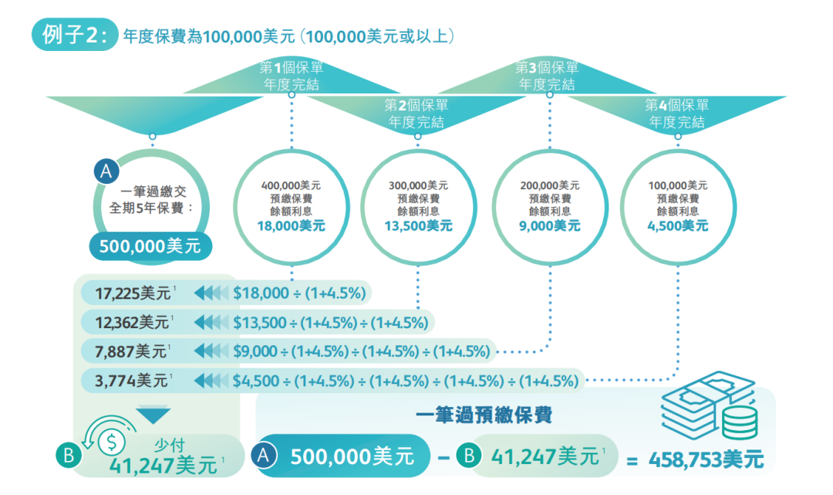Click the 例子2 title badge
(x=73, y=36)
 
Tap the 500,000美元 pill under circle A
(x=150, y=246)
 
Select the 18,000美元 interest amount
(x=291, y=226)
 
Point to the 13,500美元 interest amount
(x=418, y=226)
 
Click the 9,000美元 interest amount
(x=550, y=226)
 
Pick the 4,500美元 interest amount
(x=677, y=226)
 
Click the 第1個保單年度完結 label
(x=292, y=76)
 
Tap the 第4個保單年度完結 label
(x=677, y=114)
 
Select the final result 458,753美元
(x=706, y=461)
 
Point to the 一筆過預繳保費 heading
(x=483, y=415)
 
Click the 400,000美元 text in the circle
(x=291, y=185)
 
